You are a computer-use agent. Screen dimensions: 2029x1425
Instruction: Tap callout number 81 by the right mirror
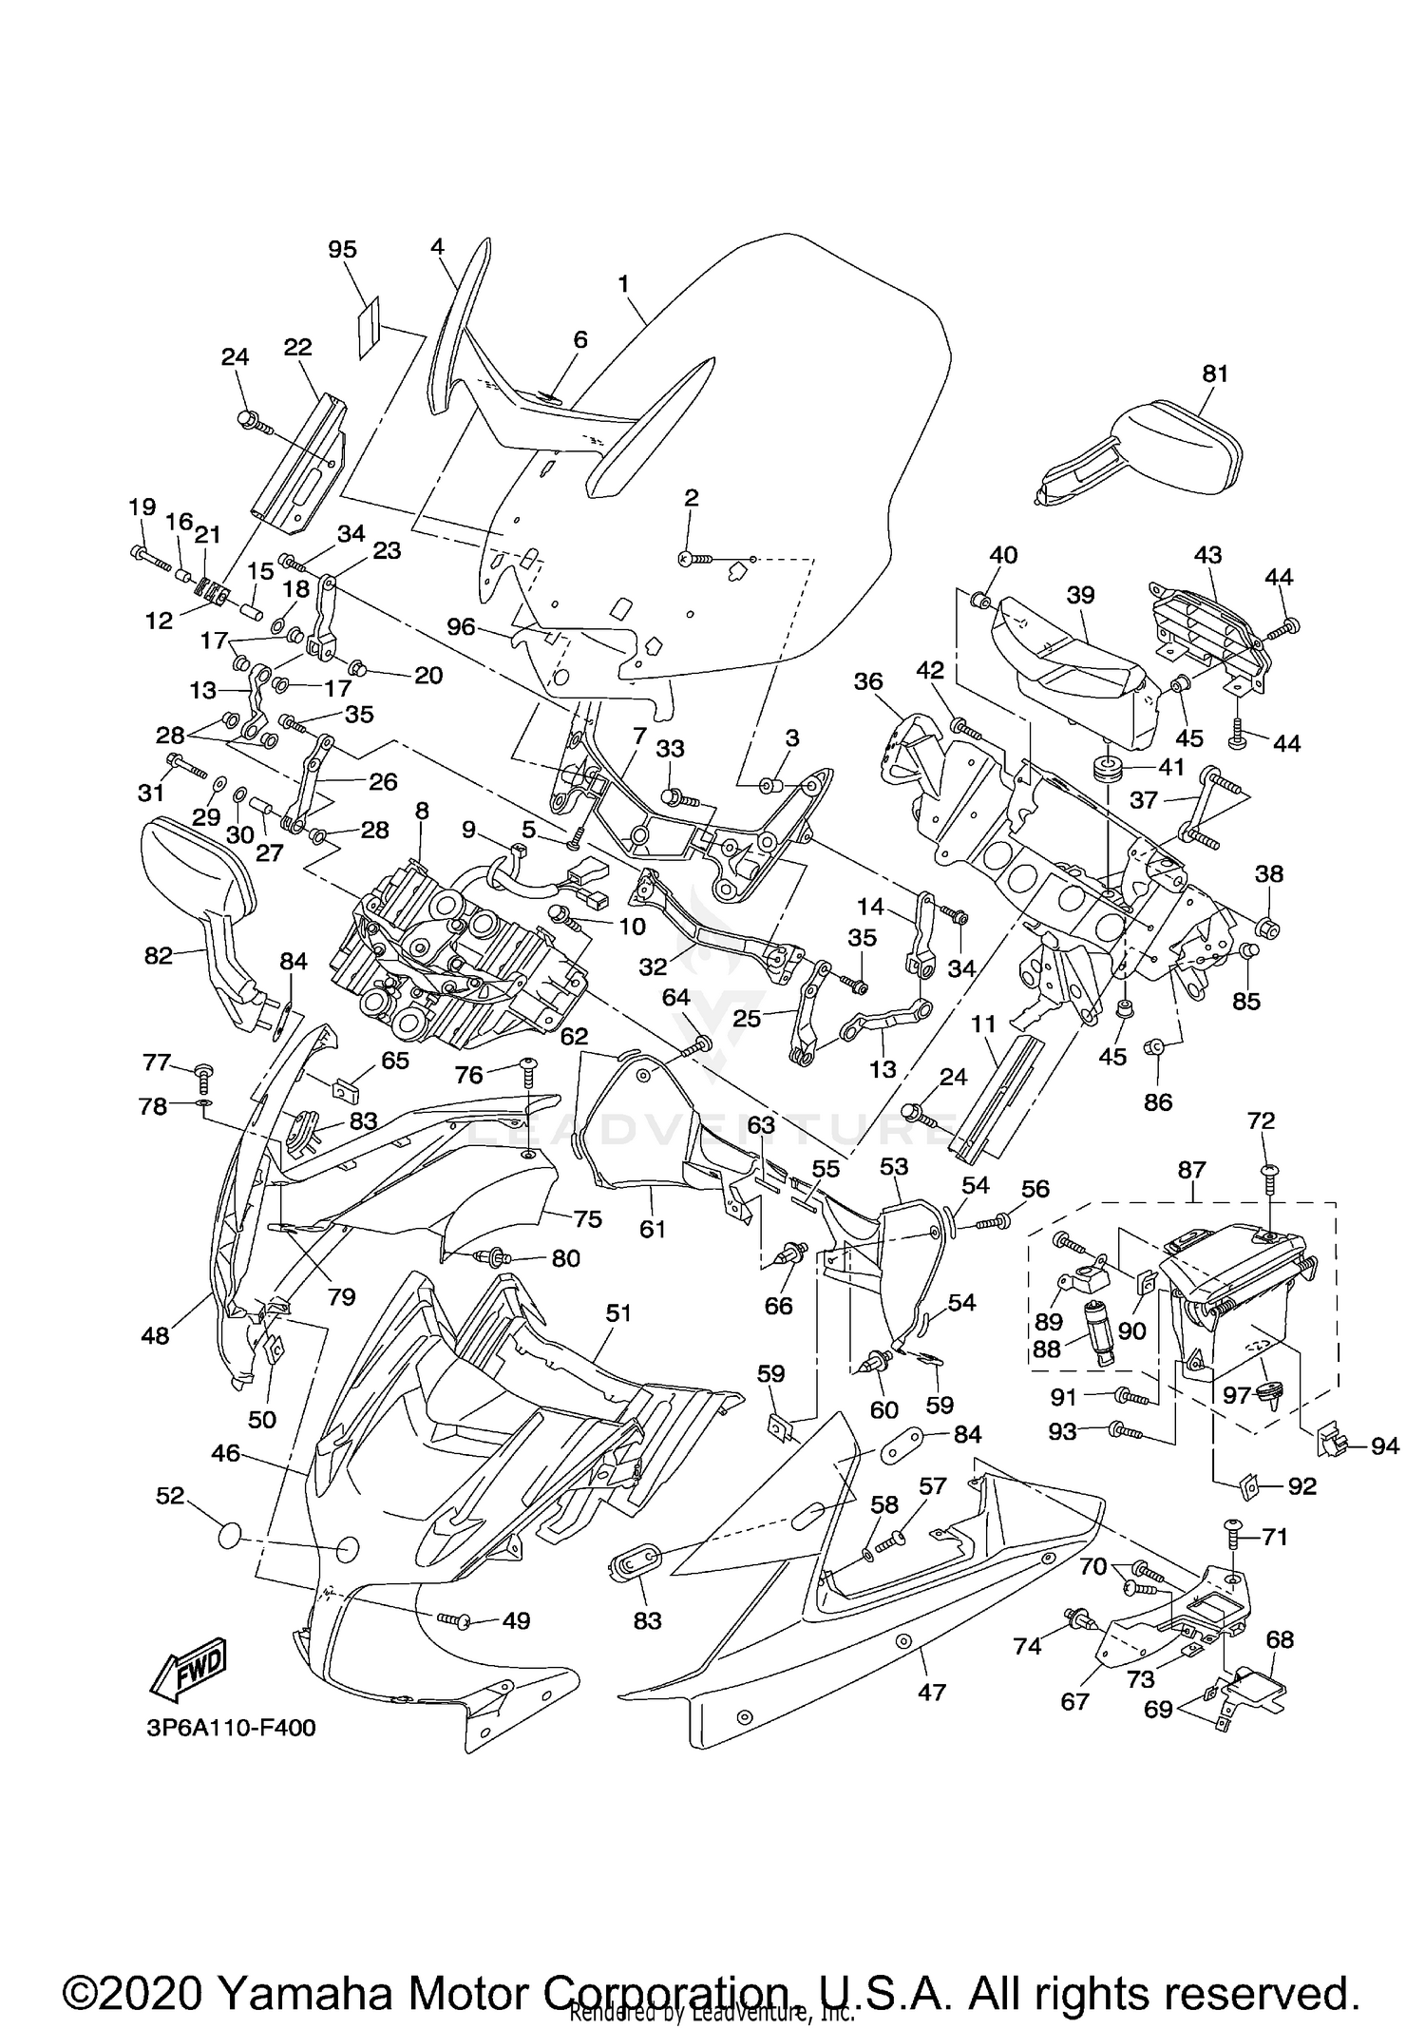point(1215,373)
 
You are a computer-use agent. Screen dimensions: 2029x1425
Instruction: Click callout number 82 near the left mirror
point(159,955)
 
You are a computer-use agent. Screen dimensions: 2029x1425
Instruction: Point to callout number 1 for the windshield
point(623,283)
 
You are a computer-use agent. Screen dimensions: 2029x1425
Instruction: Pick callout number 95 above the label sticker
point(342,249)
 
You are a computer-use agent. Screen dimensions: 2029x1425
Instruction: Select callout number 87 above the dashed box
point(1191,1170)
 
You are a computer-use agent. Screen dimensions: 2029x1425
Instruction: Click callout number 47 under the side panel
point(932,1692)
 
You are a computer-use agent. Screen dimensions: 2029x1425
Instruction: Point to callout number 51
point(618,1312)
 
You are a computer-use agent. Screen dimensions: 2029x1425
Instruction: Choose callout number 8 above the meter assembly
point(422,811)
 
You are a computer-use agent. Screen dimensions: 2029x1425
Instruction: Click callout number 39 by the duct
point(1080,595)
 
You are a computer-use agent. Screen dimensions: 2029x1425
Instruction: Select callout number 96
point(461,627)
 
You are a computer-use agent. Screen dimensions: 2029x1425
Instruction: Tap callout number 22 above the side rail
point(297,347)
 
